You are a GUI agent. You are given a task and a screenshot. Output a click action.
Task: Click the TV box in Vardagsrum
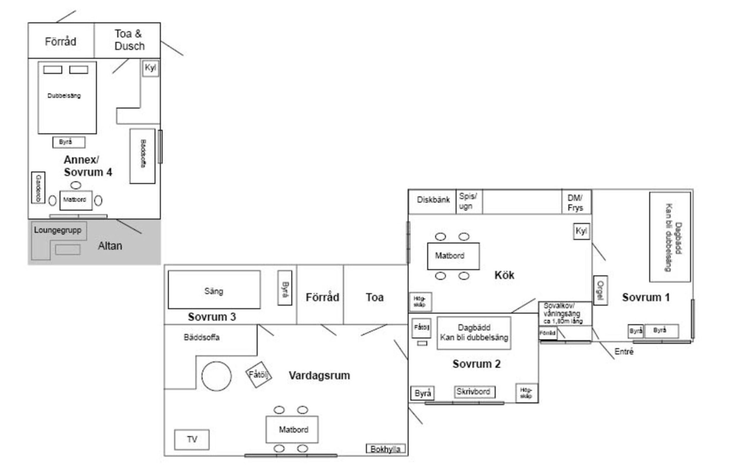(x=192, y=440)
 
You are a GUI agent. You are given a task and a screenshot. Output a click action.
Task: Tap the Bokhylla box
(x=385, y=449)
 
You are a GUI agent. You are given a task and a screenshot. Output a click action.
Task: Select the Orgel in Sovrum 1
(x=600, y=290)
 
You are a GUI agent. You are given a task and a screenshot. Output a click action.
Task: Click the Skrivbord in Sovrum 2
(x=474, y=392)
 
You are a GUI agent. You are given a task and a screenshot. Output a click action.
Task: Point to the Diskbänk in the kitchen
(x=433, y=200)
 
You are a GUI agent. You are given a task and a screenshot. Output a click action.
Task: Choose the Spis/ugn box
(x=469, y=201)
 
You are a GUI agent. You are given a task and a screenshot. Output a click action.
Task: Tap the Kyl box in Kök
(x=581, y=232)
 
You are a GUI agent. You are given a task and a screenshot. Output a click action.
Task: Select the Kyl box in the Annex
(x=150, y=68)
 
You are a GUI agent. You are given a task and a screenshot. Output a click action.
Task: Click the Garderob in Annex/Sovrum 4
(x=38, y=187)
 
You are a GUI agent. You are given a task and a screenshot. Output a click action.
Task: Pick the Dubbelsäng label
(x=64, y=95)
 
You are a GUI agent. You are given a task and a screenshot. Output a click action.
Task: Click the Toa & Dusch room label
(x=129, y=40)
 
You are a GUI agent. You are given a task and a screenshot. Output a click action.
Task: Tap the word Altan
(x=110, y=246)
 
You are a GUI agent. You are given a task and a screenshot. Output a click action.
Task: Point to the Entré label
(x=624, y=352)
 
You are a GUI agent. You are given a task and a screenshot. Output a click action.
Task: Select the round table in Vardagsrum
(x=216, y=376)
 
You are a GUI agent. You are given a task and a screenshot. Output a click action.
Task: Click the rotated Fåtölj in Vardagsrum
(x=258, y=375)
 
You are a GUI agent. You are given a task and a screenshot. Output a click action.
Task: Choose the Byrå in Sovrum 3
(x=285, y=288)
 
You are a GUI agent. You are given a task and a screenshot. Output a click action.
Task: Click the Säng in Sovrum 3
(x=214, y=290)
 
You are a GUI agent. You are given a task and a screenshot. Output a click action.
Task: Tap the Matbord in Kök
(x=453, y=256)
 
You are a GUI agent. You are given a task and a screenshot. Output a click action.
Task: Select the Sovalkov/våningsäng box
(x=564, y=313)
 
